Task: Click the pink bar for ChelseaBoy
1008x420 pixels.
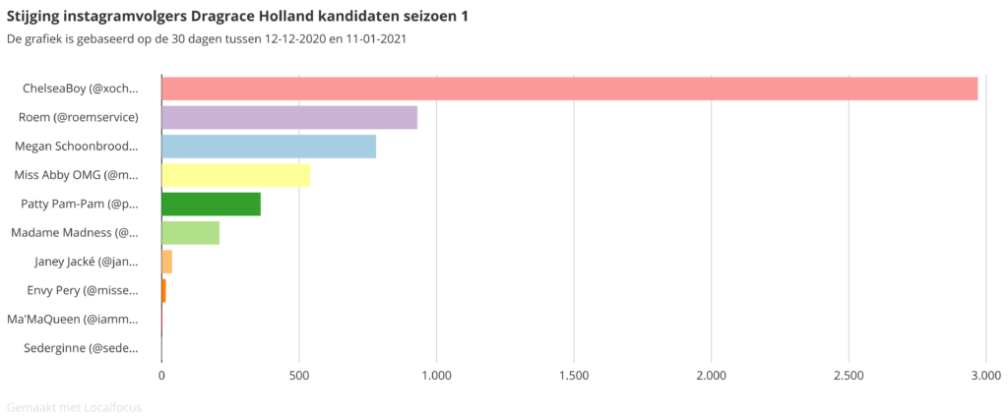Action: point(569,89)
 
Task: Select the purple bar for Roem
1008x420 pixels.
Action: point(289,117)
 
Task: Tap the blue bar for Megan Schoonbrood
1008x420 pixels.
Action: point(269,147)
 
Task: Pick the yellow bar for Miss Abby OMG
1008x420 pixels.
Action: point(235,175)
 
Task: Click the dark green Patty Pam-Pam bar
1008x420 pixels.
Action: point(211,204)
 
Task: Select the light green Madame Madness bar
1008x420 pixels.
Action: point(190,233)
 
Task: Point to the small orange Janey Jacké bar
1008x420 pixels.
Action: point(166,262)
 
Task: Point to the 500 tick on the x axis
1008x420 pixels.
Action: point(299,375)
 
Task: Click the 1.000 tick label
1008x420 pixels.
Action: point(436,375)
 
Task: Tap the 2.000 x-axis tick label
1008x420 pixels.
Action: point(711,375)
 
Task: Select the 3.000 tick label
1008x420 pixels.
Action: point(984,375)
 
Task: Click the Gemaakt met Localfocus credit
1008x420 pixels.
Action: point(74,406)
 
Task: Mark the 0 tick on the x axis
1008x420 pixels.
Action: point(161,375)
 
